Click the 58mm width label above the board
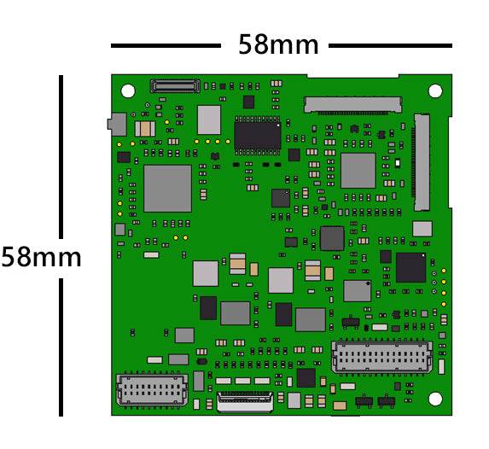pos(278,45)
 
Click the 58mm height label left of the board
pos(41,258)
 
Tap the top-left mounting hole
pos(128,90)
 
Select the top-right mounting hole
pos(435,90)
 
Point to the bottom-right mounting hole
pos(435,399)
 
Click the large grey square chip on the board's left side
pos(167,189)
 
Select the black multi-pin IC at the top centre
pos(258,136)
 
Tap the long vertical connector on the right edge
pos(422,162)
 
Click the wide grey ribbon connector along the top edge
pos(352,105)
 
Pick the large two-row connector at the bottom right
pos(381,357)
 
